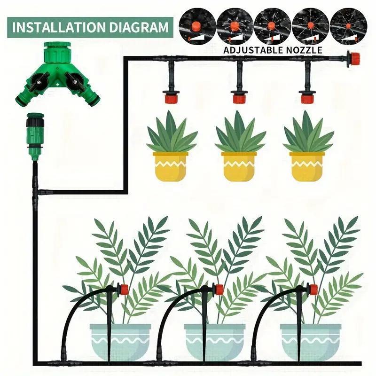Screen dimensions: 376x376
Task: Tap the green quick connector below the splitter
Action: click(34, 136)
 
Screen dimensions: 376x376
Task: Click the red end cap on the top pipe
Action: click(353, 58)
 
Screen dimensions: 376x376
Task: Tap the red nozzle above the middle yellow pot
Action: click(239, 98)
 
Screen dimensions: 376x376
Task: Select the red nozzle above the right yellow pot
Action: click(307, 98)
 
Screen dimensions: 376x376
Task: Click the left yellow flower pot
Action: click(170, 166)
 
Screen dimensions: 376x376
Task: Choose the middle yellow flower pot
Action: click(239, 166)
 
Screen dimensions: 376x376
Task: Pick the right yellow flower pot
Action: click(307, 166)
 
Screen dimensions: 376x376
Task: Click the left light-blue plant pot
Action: click(120, 341)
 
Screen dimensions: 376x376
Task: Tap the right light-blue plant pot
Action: click(310, 341)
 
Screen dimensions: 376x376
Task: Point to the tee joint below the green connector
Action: click(37, 192)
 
